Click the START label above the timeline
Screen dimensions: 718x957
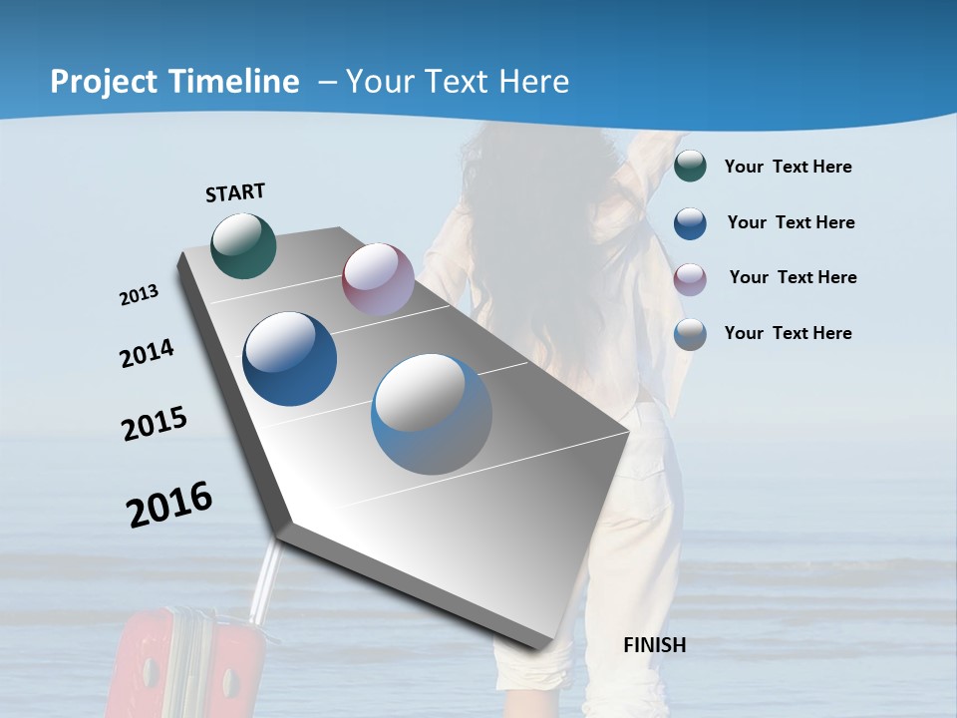tap(235, 191)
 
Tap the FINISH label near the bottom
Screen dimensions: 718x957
tap(654, 645)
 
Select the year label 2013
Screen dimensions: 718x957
tap(140, 295)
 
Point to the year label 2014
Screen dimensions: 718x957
tap(147, 353)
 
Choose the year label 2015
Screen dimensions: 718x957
tap(155, 424)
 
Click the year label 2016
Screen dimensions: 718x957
tap(169, 505)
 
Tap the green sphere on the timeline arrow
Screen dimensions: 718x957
tap(243, 245)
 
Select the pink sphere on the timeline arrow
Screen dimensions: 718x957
tap(378, 279)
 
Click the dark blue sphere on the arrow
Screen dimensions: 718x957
tap(290, 359)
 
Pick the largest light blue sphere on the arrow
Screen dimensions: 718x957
tap(432, 414)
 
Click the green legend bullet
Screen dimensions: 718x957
tap(690, 167)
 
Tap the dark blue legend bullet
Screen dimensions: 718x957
tap(690, 223)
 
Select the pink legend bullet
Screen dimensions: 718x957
tap(690, 278)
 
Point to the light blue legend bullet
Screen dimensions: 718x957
tap(690, 334)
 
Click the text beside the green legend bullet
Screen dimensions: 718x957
tap(788, 168)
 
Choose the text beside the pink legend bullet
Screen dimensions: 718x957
tap(793, 277)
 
